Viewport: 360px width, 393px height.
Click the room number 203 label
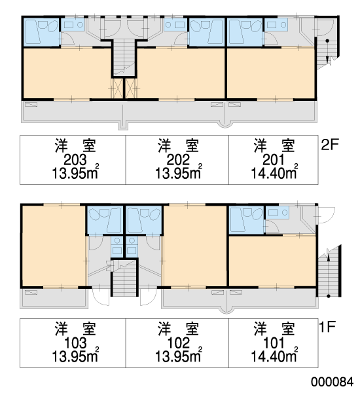tap(75, 159)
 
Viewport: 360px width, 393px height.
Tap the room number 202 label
tap(178, 159)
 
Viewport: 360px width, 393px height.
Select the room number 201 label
tap(274, 159)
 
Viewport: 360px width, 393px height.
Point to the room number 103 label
tap(75, 343)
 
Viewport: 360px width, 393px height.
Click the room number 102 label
tap(178, 343)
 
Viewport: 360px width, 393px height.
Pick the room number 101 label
tap(274, 343)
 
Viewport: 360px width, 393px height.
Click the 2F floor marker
tap(330, 144)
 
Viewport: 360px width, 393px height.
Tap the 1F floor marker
tap(327, 327)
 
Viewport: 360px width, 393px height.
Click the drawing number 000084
tap(333, 382)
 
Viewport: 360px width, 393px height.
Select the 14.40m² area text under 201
tap(274, 173)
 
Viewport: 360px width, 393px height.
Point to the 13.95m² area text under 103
tap(75, 356)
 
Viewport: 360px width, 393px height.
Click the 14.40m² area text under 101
tap(274, 356)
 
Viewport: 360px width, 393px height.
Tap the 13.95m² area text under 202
tap(179, 173)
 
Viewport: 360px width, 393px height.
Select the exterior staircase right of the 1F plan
tap(329, 272)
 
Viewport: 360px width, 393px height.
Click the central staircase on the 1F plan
tap(124, 278)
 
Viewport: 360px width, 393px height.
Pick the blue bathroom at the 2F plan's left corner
tap(41, 32)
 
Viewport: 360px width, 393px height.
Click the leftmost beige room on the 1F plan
tap(54, 246)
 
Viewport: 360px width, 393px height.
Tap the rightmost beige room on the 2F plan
tap(271, 73)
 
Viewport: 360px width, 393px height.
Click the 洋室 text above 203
tap(75, 145)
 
